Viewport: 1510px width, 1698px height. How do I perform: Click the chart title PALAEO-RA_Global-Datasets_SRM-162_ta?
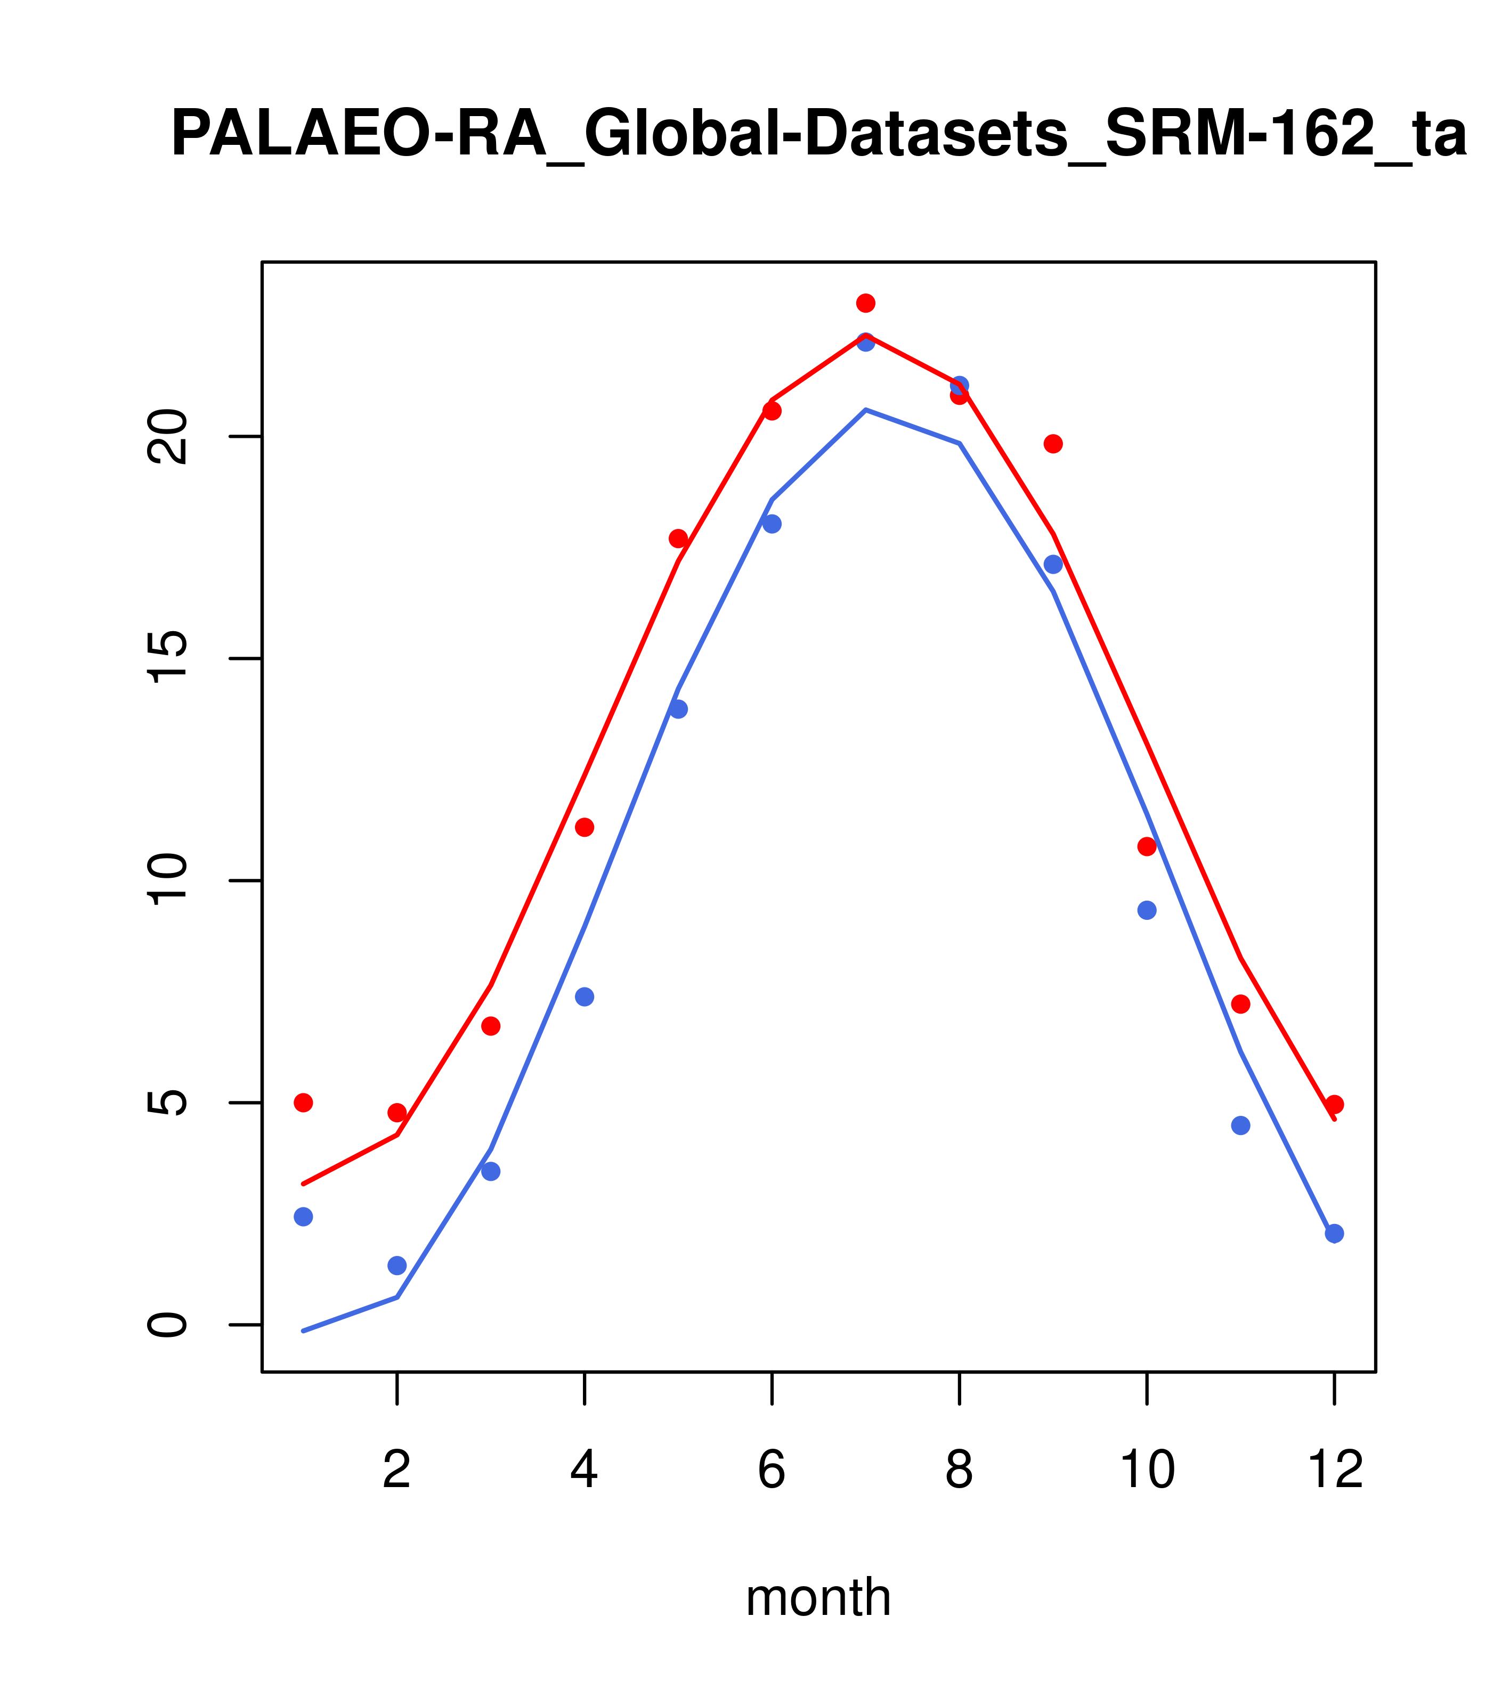818,135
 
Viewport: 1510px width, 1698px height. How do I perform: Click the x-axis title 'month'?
818,1597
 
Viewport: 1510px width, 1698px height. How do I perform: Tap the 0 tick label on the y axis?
166,1325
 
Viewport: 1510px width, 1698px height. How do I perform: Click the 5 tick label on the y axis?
166,1103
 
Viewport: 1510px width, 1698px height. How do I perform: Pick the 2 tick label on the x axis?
397,1471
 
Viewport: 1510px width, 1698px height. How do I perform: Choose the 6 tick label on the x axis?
772,1471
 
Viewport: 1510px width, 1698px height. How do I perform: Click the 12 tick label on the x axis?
1335,1471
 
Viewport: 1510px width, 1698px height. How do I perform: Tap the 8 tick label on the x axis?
959,1471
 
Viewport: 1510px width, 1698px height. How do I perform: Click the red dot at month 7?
866,303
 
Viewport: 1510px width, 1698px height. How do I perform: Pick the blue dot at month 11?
1241,1125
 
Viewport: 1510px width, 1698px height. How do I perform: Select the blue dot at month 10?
1147,910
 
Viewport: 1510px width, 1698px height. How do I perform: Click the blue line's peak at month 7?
866,410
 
